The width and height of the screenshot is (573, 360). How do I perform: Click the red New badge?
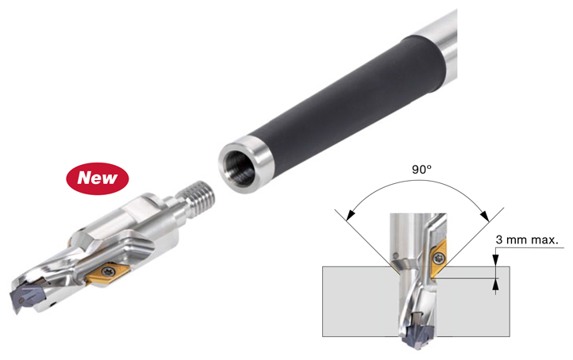click(x=97, y=178)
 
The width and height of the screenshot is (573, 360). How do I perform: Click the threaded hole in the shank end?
click(x=240, y=167)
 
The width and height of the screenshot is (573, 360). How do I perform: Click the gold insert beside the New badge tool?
click(x=108, y=273)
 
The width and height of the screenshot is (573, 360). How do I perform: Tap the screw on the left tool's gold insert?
click(x=108, y=271)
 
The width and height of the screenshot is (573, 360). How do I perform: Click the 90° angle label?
click(x=421, y=170)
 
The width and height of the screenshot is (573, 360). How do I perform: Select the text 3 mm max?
click(x=527, y=240)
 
